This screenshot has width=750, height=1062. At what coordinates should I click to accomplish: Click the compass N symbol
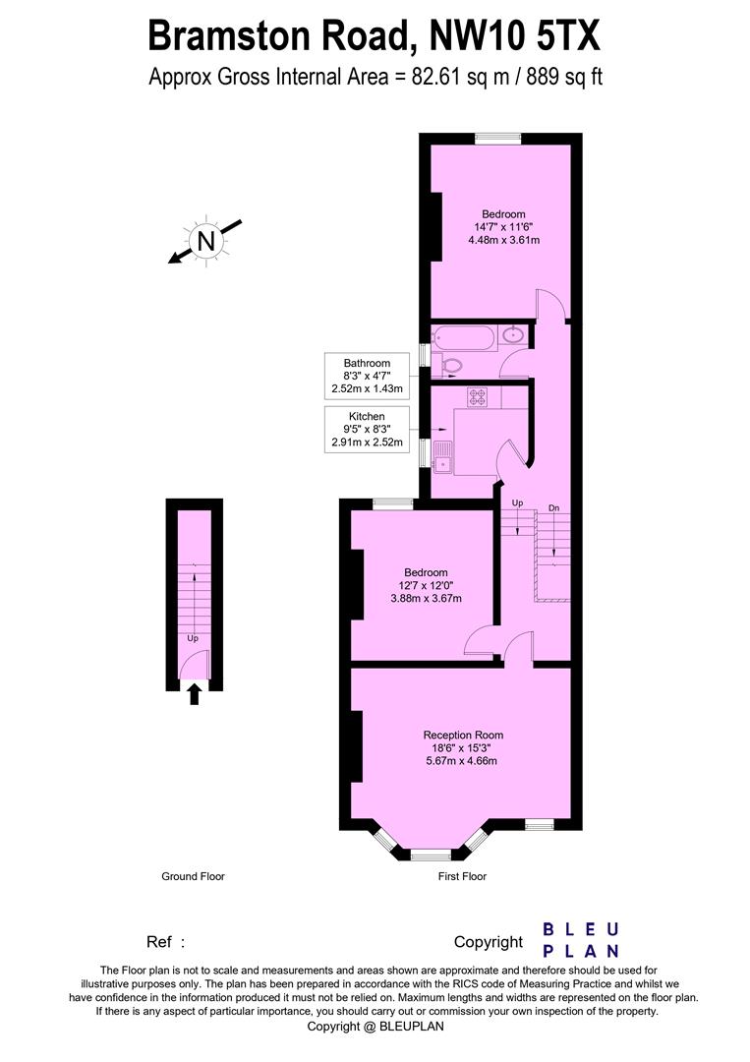[x=205, y=241]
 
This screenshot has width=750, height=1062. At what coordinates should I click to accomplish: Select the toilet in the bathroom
[x=448, y=367]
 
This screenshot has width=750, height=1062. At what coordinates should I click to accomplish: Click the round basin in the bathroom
[x=513, y=335]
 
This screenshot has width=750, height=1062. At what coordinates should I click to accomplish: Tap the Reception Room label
[x=463, y=735]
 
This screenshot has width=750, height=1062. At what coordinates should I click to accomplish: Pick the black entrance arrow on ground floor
[x=194, y=694]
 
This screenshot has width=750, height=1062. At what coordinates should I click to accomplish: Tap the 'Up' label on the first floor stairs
[x=517, y=503]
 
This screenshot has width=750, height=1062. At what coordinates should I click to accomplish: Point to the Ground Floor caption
[x=193, y=876]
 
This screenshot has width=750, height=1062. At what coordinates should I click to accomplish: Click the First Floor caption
[x=462, y=876]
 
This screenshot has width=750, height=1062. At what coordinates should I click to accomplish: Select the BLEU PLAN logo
[x=581, y=939]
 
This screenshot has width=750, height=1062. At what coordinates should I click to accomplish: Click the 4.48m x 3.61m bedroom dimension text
[x=503, y=239]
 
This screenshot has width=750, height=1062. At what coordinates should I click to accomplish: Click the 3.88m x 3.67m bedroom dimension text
[x=426, y=598]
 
